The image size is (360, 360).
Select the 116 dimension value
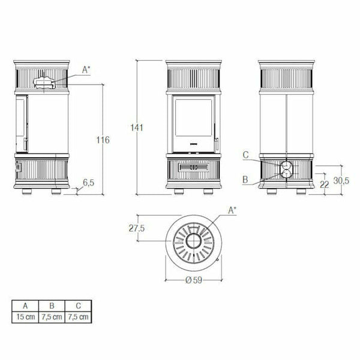point(103,140)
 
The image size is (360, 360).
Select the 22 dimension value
point(325,185)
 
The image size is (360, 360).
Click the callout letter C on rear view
point(246,155)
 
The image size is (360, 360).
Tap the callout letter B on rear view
point(246,178)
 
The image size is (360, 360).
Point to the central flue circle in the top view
point(194,241)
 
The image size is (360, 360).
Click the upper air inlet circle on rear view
point(287,165)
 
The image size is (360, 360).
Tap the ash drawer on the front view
point(193,167)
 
